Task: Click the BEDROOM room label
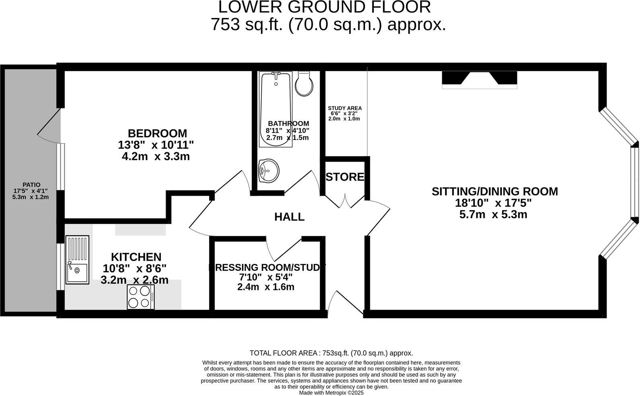[157, 133]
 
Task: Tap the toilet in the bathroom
[304, 84]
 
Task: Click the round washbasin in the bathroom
[269, 170]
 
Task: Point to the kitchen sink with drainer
[77, 260]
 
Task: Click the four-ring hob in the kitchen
[141, 297]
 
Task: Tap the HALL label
[289, 217]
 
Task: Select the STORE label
[345, 177]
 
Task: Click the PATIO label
[31, 185]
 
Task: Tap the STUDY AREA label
[345, 108]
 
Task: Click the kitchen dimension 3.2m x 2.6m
[134, 280]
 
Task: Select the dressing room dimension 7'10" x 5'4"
[265, 277]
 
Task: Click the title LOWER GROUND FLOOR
[324, 7]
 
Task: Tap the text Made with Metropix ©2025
[331, 392]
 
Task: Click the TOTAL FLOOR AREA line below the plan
[331, 353]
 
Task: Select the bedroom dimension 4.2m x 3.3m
[156, 156]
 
